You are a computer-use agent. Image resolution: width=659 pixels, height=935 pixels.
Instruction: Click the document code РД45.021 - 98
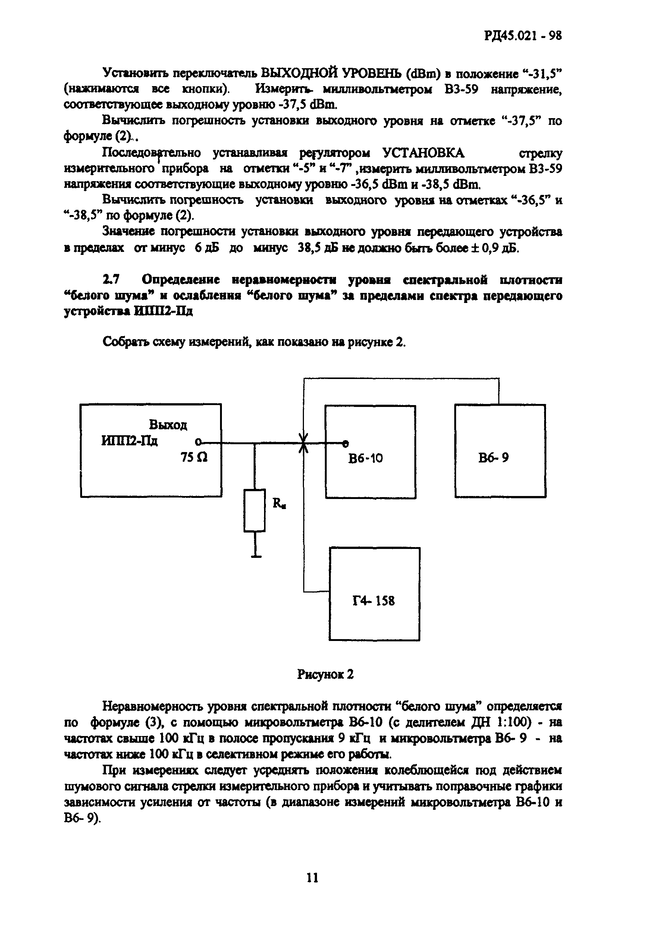point(523,36)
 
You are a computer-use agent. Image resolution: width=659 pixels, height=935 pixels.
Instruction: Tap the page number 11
point(312,878)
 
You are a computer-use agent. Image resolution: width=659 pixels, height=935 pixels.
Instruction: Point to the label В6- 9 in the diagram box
point(493,458)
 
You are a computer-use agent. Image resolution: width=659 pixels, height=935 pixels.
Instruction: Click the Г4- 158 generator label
point(373,601)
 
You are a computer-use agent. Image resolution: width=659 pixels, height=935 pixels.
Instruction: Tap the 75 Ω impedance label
point(194,458)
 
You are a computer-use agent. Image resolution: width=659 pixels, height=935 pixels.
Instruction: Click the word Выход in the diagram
point(168,425)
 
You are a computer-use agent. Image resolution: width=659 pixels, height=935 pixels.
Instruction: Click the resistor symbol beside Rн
point(255,510)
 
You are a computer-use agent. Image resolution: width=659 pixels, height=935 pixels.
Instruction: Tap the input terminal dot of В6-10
point(345,443)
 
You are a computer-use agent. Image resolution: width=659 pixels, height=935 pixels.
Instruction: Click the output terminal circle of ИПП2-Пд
point(198,442)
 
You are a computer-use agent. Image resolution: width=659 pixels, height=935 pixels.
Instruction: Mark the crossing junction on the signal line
point(303,443)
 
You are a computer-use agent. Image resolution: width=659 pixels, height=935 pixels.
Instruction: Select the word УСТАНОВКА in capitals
point(423,153)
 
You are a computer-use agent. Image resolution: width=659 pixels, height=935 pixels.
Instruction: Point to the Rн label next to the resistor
point(279,504)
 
